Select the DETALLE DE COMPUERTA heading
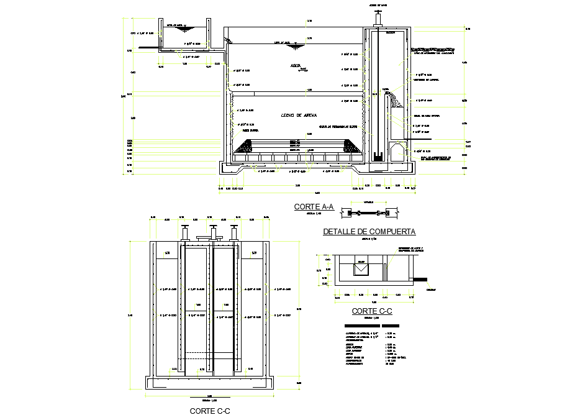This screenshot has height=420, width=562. tap(369, 232)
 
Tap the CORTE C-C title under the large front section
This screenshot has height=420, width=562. tap(210, 411)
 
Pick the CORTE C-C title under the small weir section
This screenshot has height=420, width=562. tap(371, 311)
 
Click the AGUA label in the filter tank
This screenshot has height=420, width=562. tap(296, 65)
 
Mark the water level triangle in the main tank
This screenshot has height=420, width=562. tap(296, 46)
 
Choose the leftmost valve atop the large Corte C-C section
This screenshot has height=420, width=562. tap(185, 232)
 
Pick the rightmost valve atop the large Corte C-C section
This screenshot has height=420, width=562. tap(234, 232)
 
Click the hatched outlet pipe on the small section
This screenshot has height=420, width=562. tap(421, 279)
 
